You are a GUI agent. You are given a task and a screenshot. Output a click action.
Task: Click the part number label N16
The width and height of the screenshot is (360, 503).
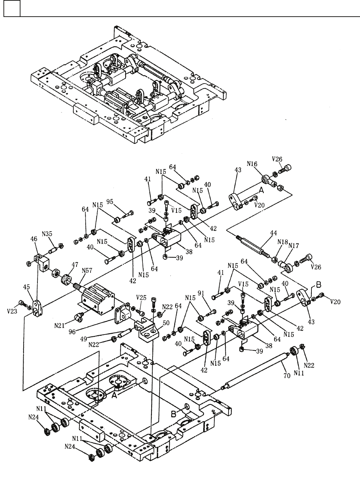click(x=252, y=164)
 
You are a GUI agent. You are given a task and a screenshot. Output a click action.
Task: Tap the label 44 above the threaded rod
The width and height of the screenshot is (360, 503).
click(x=274, y=233)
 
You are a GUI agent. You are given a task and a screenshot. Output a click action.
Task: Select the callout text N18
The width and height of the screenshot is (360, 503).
click(x=283, y=242)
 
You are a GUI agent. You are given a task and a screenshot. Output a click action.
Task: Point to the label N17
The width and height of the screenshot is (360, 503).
click(x=294, y=246)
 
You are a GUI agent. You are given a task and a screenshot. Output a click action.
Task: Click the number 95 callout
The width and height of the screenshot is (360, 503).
click(x=110, y=202)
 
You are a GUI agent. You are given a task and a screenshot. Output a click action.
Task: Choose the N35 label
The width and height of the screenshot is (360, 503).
click(x=47, y=234)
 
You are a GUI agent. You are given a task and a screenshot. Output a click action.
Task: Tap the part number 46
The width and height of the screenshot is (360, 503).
click(x=34, y=239)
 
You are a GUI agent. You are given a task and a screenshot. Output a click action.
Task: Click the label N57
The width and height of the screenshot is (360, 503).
click(x=87, y=271)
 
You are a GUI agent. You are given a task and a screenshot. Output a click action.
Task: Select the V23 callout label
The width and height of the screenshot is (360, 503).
click(x=12, y=311)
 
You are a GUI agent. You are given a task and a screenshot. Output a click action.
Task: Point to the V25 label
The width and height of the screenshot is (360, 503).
click(x=142, y=298)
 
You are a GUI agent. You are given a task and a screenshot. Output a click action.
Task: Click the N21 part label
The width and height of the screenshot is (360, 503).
click(x=60, y=326)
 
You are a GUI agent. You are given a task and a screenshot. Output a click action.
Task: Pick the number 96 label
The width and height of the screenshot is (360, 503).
click(x=72, y=331)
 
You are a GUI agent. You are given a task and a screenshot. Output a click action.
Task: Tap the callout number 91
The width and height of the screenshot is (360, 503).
click(x=201, y=293)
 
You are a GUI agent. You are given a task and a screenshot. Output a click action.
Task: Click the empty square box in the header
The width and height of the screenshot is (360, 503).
click(x=12, y=8)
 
